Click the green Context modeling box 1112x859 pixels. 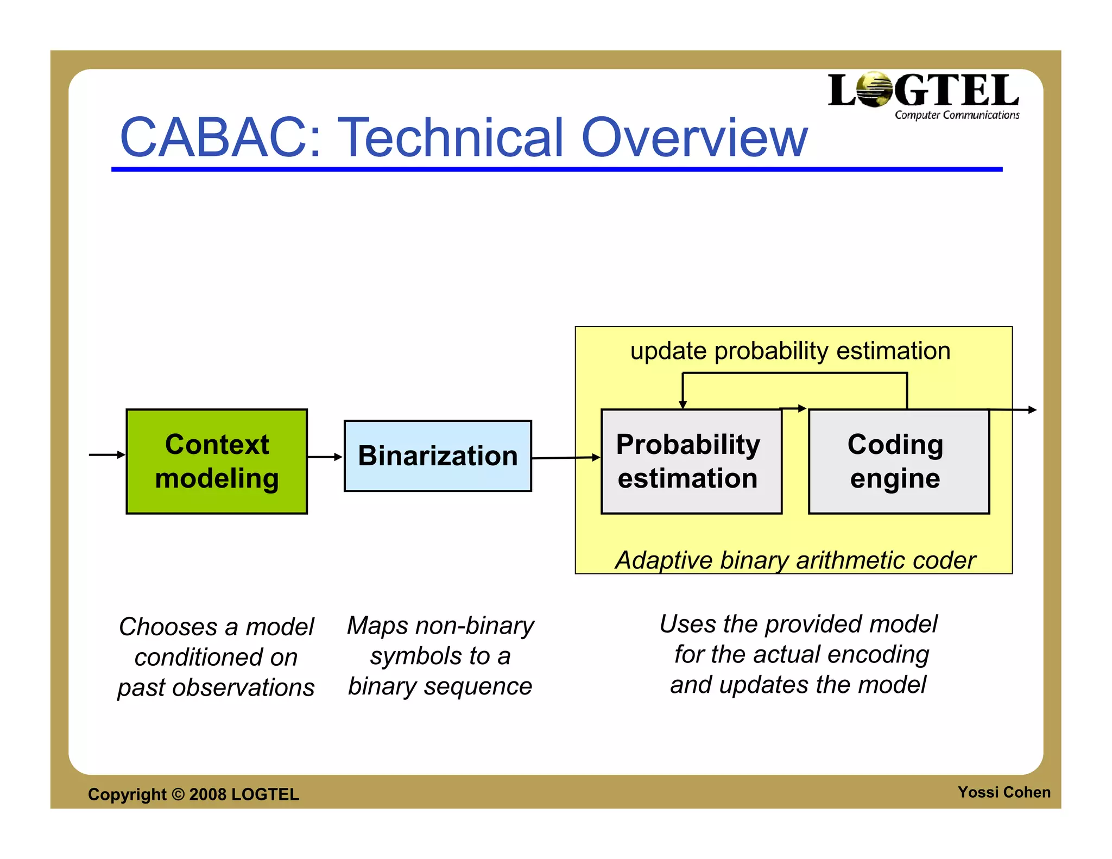(217, 461)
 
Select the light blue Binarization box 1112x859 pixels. (438, 456)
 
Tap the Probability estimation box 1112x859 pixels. (691, 461)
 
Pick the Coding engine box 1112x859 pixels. (899, 461)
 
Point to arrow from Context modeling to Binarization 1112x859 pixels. (325, 457)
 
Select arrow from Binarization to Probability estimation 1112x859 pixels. (565, 458)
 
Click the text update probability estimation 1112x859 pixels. (790, 351)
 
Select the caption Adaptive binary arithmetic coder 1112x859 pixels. (795, 560)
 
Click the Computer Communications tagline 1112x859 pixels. (957, 115)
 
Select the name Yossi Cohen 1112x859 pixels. (1003, 792)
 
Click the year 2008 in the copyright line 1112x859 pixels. (207, 794)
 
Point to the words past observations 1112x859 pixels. (216, 687)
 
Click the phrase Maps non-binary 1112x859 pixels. (440, 626)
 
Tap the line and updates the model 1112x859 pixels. (798, 685)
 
